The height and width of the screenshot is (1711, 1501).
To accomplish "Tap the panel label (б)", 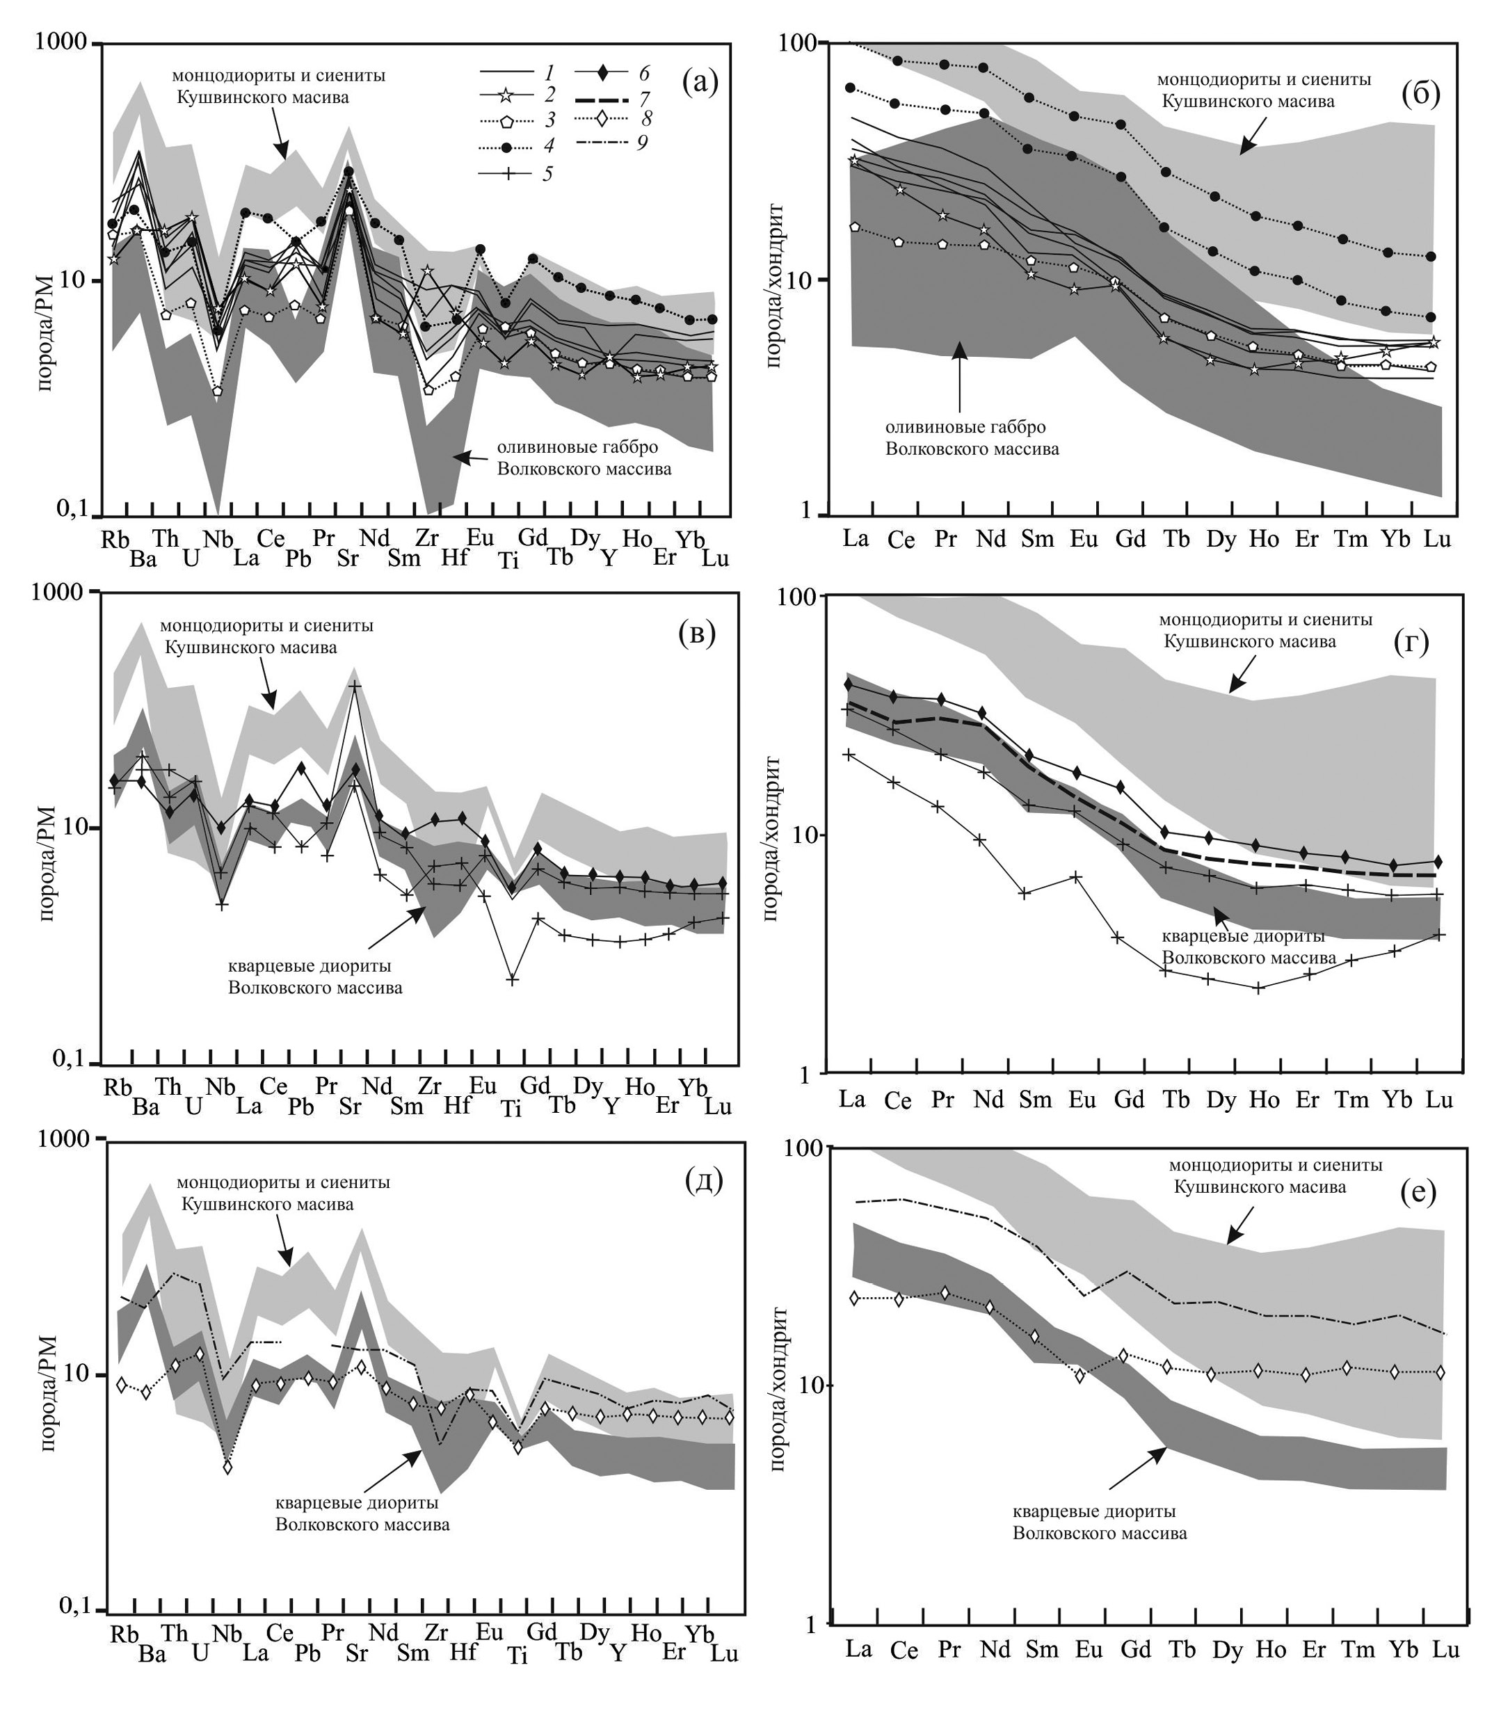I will tap(1420, 95).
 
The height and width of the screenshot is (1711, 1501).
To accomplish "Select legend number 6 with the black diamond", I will tap(642, 73).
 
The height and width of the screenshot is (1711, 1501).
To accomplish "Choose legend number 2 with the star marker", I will tap(549, 97).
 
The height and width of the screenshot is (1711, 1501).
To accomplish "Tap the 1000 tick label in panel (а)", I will tap(63, 42).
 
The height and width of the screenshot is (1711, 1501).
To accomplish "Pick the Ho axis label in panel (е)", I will tap(1270, 1649).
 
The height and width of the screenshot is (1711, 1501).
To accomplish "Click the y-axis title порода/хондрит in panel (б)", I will tap(773, 284).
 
